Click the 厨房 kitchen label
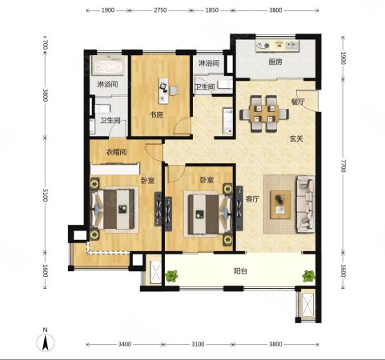[275, 62]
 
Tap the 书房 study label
[156, 115]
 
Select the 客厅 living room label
[252, 199]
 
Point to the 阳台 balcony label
[240, 271]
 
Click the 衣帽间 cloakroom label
[116, 152]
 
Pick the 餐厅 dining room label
[298, 102]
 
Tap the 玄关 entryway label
[296, 138]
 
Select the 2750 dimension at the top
[160, 10]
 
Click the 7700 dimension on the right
[343, 166]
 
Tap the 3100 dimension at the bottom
[198, 344]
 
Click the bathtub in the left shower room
[108, 66]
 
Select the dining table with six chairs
[264, 114]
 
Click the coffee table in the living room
[280, 205]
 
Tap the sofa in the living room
[306, 204]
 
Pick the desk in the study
[163, 90]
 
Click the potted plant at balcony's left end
[171, 276]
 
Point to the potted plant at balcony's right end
[309, 276]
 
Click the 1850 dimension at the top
[212, 10]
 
